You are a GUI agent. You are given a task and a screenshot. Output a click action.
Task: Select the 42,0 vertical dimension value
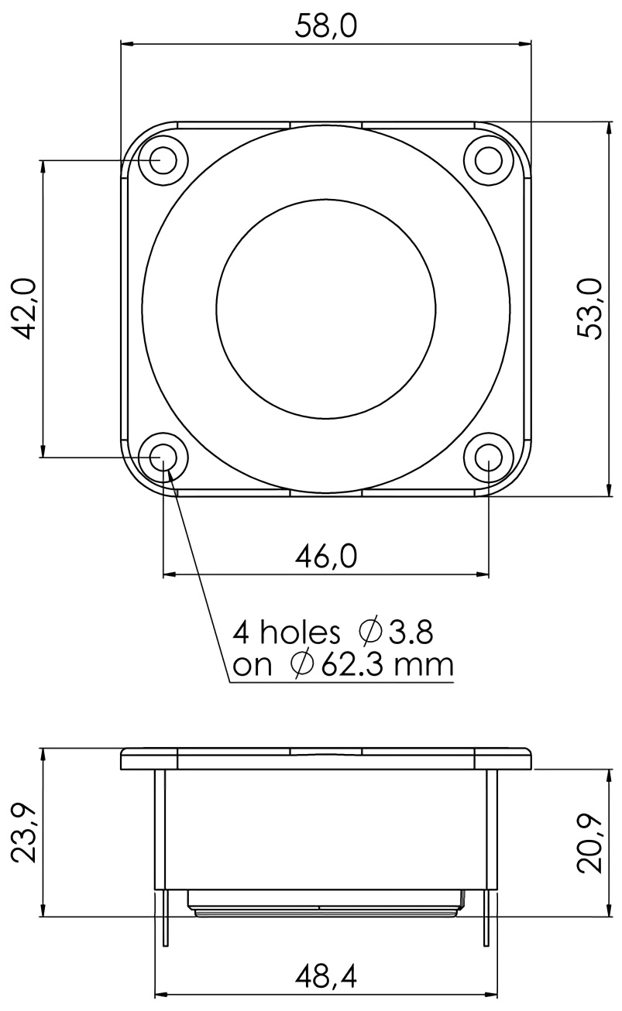point(24,309)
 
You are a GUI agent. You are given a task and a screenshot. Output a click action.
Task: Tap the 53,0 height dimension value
point(589,309)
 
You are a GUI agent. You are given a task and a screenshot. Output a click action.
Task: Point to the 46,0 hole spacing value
point(325,557)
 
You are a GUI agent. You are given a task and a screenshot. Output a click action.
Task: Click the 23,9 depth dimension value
point(24,832)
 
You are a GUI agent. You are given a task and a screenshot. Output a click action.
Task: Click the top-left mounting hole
point(163,160)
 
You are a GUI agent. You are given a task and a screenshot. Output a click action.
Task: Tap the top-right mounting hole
point(489,160)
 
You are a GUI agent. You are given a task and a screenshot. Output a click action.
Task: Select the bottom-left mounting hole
point(163,458)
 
